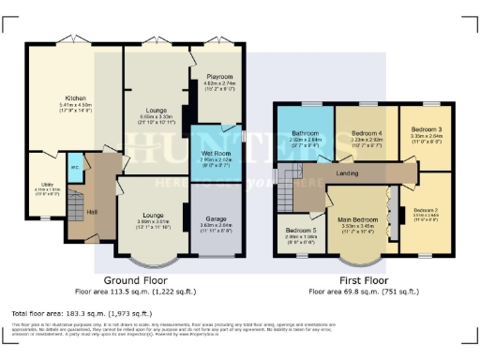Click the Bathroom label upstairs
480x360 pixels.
[305, 134]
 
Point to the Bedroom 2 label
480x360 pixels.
[426, 210]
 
